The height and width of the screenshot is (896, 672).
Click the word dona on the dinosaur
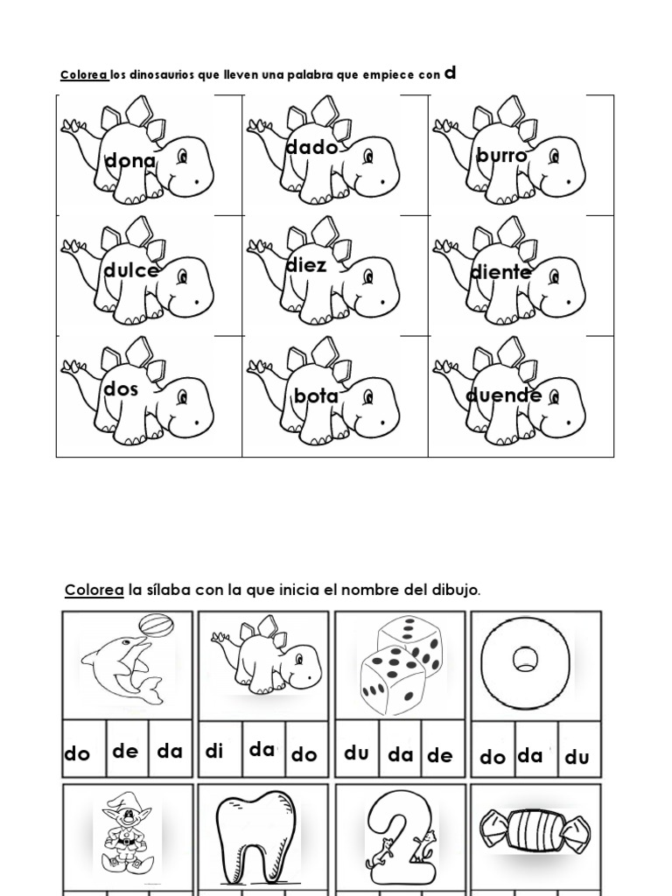pyautogui.click(x=129, y=161)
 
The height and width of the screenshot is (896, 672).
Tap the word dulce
pyautogui.click(x=130, y=271)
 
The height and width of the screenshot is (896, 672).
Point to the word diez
pyautogui.click(x=306, y=265)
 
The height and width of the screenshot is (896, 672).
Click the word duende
pyautogui.click(x=503, y=396)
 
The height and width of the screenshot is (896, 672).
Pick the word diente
pyautogui.click(x=500, y=272)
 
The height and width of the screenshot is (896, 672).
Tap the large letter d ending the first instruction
pyautogui.click(x=451, y=73)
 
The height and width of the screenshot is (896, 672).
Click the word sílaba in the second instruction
pyautogui.click(x=168, y=591)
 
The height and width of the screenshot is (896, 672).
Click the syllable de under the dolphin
pyautogui.click(x=125, y=752)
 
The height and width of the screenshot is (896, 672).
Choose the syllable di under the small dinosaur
pyautogui.click(x=214, y=752)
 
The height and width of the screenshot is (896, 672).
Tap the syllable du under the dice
pyautogui.click(x=356, y=752)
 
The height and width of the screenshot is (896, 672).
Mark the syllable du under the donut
pyautogui.click(x=577, y=757)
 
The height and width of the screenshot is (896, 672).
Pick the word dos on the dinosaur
pyautogui.click(x=121, y=389)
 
